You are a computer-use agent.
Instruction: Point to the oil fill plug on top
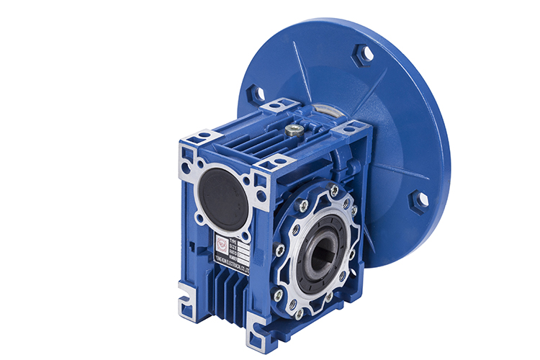point(293,131)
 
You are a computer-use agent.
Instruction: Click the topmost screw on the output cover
point(333,190)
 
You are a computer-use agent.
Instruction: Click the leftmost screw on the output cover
point(279,250)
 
